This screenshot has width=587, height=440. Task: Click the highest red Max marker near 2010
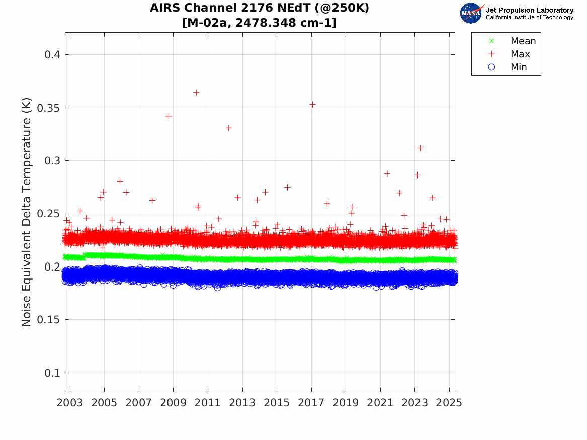(196, 92)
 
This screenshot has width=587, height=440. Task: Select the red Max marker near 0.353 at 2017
(312, 104)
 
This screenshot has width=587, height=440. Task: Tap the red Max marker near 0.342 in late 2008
(169, 116)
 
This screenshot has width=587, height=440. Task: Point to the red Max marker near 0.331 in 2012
(228, 128)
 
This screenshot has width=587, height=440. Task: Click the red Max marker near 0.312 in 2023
(420, 148)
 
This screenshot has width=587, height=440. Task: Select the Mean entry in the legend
(523, 41)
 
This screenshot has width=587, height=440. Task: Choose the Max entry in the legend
(520, 54)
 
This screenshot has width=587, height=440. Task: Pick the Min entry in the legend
(519, 67)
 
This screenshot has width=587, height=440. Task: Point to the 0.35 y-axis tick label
(47, 108)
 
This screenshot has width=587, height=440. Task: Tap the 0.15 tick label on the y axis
(47, 320)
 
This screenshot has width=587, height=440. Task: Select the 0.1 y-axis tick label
(50, 373)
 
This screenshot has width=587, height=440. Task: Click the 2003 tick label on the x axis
(70, 403)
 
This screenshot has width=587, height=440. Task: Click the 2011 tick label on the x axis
(208, 403)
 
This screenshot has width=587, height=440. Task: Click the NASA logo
(471, 13)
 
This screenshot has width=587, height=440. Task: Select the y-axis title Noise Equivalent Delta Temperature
(27, 212)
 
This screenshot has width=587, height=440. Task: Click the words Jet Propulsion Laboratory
(529, 10)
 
